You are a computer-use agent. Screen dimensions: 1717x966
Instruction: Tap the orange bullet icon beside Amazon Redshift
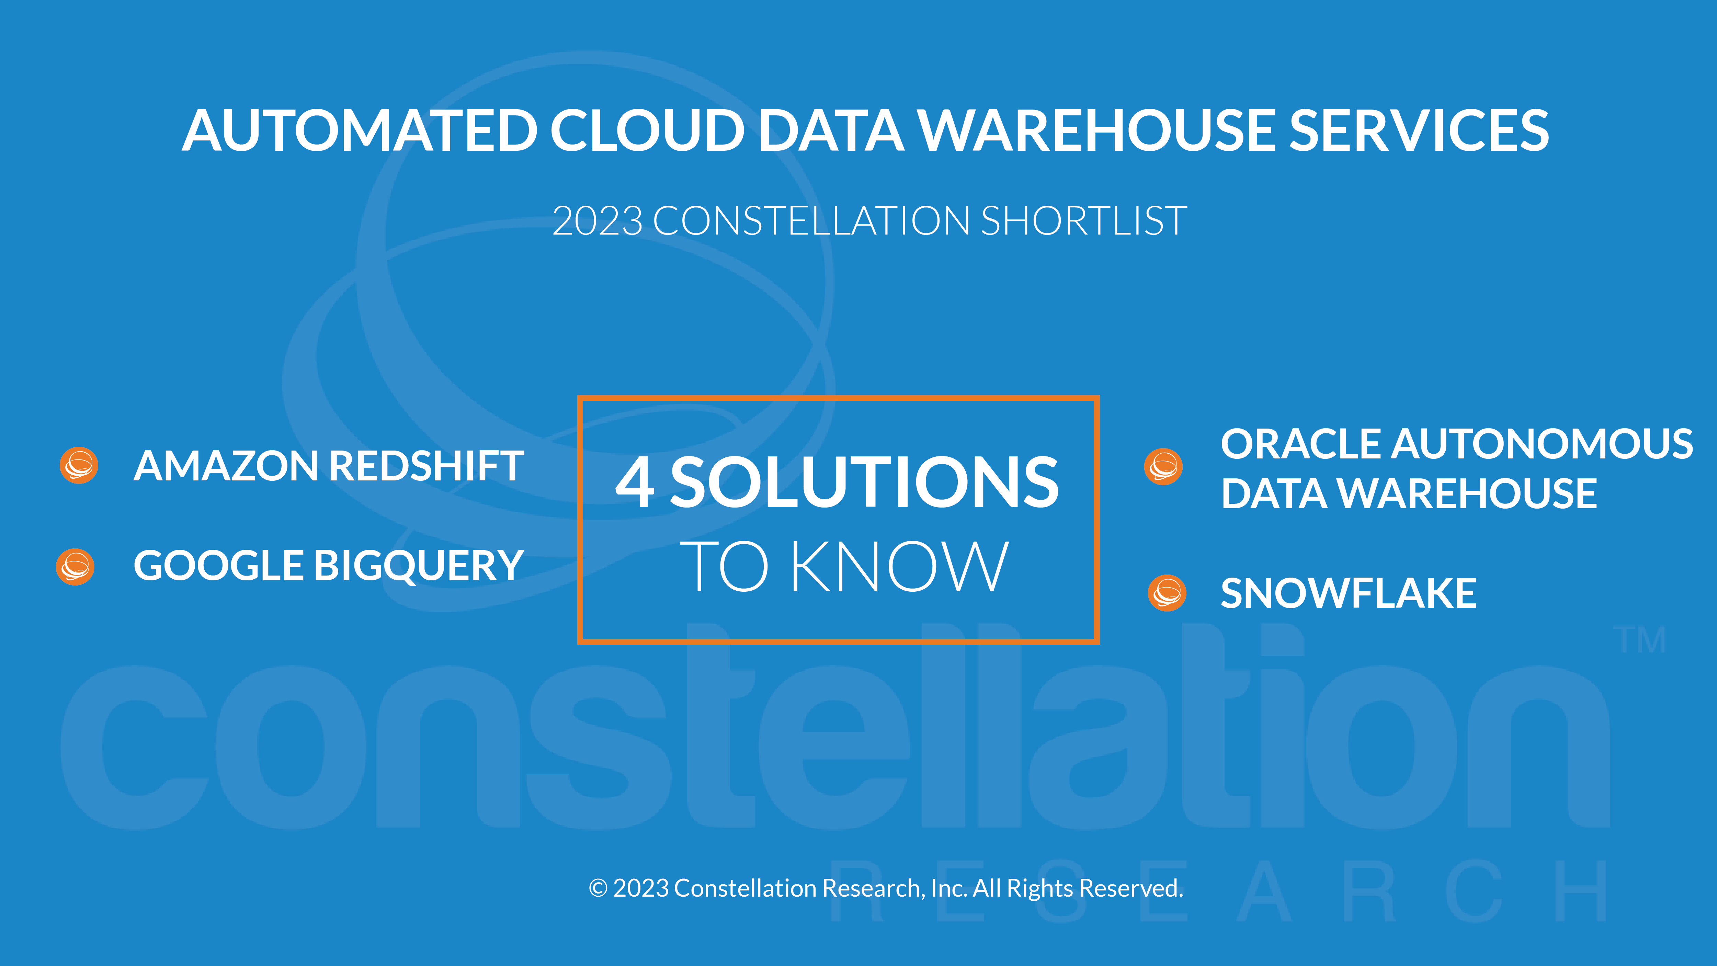(79, 465)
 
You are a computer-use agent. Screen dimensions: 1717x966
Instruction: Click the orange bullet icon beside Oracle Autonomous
(1163, 467)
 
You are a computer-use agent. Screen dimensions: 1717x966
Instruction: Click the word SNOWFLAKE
(1349, 593)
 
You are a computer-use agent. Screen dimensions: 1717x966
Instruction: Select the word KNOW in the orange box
(899, 567)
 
